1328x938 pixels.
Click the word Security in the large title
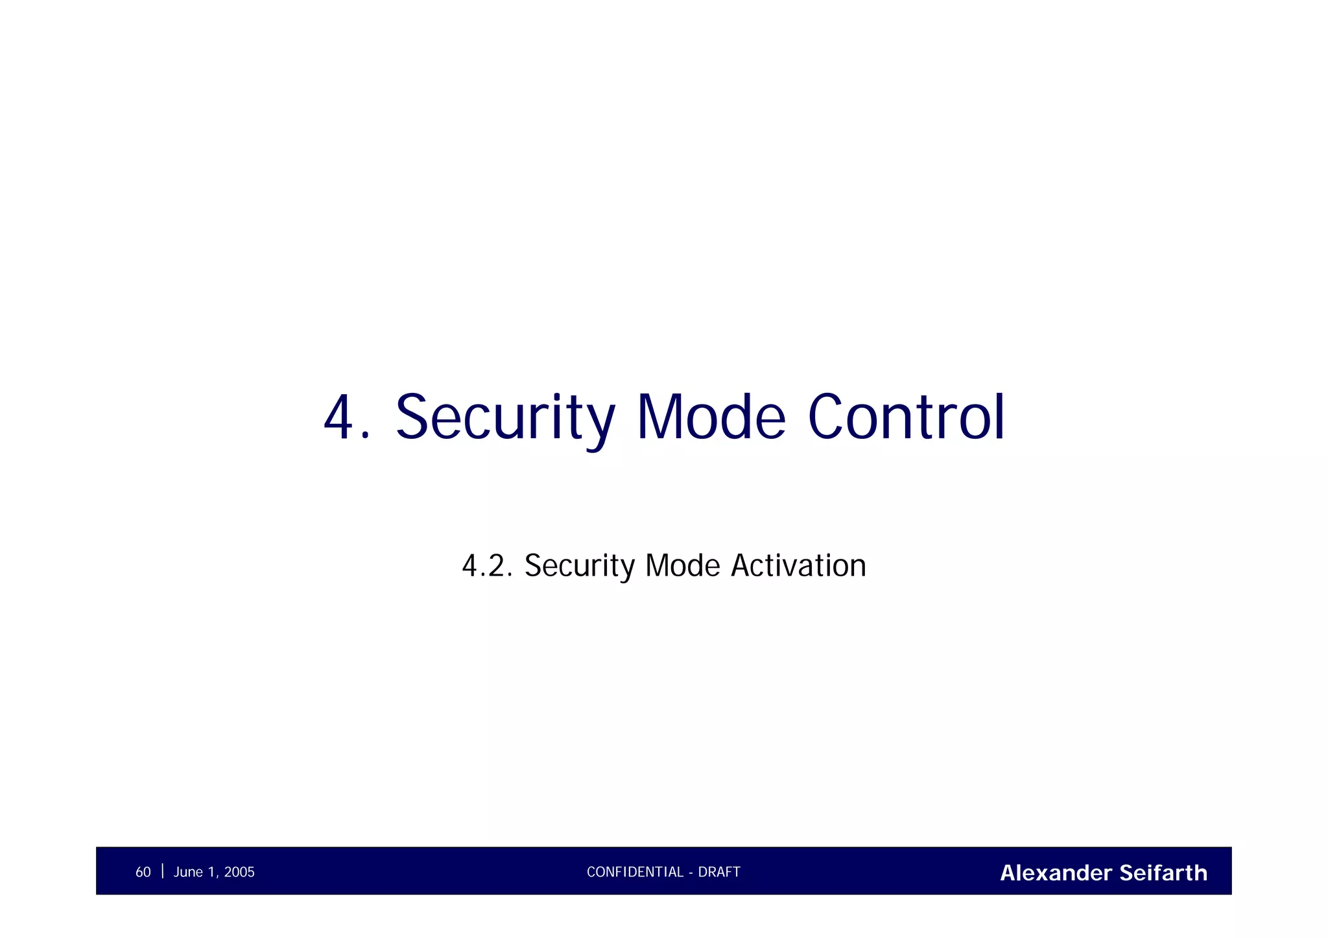(x=504, y=418)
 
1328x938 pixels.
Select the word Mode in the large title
(x=711, y=418)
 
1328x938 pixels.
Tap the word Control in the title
(x=906, y=418)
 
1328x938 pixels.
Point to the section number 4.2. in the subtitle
(x=487, y=566)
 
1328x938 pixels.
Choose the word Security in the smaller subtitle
(x=579, y=566)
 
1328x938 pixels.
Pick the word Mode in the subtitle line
(x=682, y=566)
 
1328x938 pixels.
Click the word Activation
(x=798, y=566)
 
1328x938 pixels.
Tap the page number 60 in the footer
(x=143, y=873)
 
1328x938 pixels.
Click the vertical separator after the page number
(x=162, y=871)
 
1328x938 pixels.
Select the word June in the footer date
(x=188, y=873)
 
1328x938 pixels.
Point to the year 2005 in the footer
(x=239, y=873)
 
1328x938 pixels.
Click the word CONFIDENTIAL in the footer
(x=635, y=873)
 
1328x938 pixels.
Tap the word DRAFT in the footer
(x=719, y=873)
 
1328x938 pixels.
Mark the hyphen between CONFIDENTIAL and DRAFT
(x=691, y=873)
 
